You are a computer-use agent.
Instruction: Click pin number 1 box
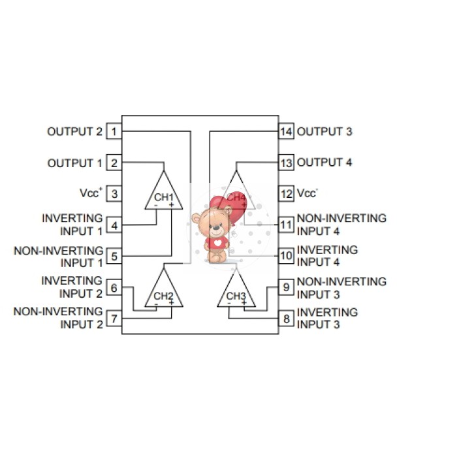[114, 132]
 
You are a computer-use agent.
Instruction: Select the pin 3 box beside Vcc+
[114, 194]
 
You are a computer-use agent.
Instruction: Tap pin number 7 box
[114, 319]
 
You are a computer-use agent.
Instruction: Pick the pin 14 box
[286, 132]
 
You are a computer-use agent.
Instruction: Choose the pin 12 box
[286, 194]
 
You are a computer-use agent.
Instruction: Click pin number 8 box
[286, 319]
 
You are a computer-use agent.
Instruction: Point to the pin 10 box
[286, 256]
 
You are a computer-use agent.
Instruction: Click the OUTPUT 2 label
[74, 132]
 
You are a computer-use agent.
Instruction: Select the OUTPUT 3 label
[324, 132]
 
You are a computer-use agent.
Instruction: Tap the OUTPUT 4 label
[324, 163]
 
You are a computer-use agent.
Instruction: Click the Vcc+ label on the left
[91, 193]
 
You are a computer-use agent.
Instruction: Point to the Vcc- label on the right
[307, 194]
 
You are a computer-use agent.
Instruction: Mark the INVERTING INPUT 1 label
[72, 224]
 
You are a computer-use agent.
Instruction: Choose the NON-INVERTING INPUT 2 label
[58, 318]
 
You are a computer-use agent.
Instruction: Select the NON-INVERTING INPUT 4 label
[341, 224]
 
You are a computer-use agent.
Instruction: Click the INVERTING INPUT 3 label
[327, 318]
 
